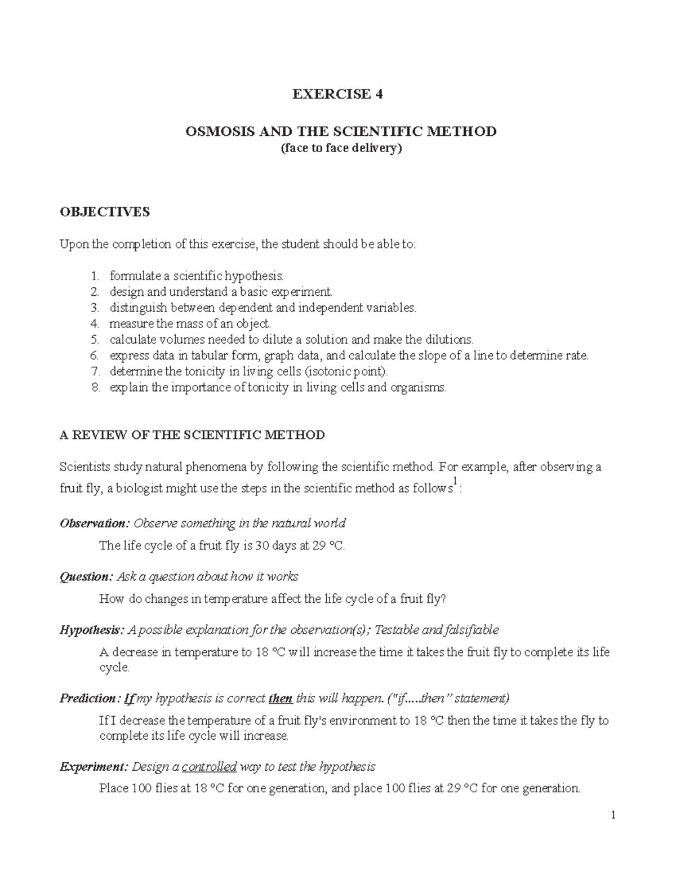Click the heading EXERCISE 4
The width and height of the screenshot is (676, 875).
[337, 94]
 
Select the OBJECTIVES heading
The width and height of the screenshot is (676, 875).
[105, 212]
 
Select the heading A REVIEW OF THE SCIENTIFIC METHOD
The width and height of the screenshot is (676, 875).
[192, 435]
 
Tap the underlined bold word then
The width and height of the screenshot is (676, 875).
[281, 699]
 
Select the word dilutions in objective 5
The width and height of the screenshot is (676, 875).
[448, 340]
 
